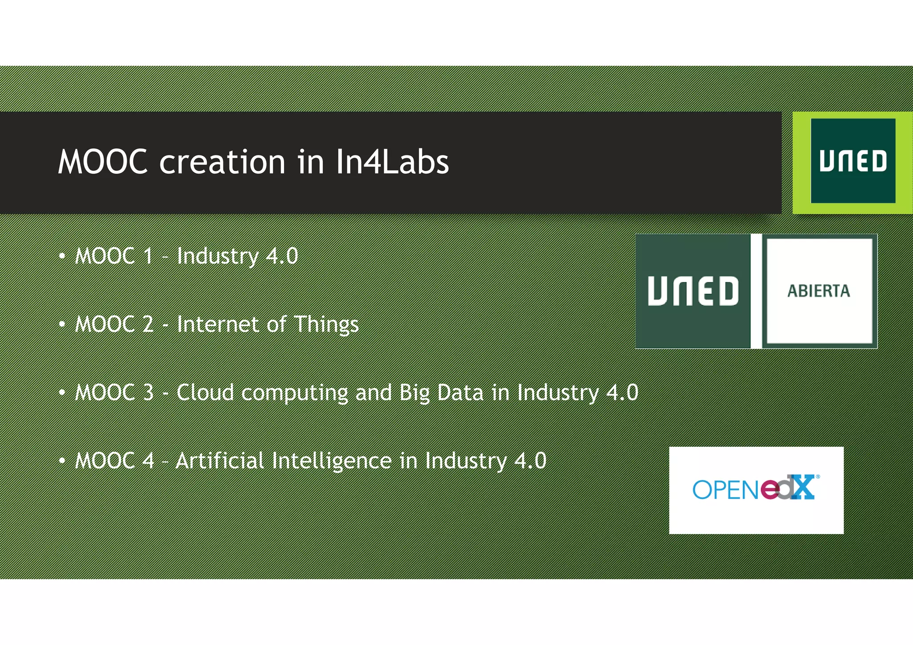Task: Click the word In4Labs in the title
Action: click(392, 162)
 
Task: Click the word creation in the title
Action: click(222, 162)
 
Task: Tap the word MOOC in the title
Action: click(103, 162)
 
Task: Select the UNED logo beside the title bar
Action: click(852, 161)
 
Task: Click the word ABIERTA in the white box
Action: click(818, 291)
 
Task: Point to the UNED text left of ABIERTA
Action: click(693, 291)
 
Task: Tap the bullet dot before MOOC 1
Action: click(62, 256)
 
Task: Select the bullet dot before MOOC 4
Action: click(62, 461)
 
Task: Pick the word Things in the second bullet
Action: click(326, 325)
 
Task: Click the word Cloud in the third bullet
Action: click(205, 392)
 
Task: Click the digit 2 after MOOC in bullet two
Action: click(148, 324)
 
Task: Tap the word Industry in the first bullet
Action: click(218, 256)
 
